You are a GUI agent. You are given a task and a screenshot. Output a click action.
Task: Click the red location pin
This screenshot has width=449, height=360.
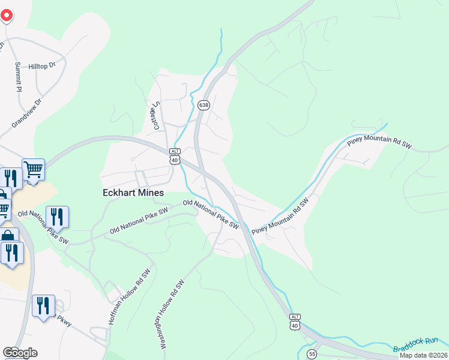click(x=5, y=13)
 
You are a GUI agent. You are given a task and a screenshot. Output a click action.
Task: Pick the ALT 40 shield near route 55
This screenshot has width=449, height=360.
click(x=294, y=322)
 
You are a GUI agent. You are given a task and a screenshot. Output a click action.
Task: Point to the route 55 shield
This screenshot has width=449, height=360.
click(x=311, y=355)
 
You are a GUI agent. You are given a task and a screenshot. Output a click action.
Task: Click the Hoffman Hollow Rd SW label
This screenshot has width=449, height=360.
click(x=128, y=297)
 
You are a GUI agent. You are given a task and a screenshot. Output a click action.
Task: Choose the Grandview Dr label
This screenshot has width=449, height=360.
click(x=27, y=113)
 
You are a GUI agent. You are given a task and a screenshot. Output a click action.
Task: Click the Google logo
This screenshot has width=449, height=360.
click(x=20, y=353)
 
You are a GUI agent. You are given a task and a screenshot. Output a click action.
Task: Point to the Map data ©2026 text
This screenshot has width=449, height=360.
click(x=424, y=355)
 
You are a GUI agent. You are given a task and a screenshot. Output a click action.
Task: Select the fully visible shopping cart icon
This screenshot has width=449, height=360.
click(x=33, y=169)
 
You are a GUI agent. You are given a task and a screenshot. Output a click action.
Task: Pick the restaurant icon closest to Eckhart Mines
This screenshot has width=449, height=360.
click(x=57, y=216)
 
